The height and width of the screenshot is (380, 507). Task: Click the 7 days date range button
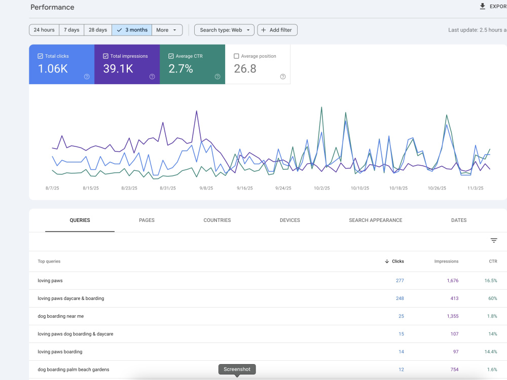point(71,30)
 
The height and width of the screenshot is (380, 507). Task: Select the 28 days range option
point(98,30)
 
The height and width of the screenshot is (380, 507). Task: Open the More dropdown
point(167,30)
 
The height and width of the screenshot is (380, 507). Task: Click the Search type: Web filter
point(225,30)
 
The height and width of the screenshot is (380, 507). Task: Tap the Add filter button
point(277,30)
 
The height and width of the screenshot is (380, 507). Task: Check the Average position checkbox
point(236,56)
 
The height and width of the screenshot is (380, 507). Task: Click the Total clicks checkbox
point(41,56)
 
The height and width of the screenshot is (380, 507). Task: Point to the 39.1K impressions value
point(118,69)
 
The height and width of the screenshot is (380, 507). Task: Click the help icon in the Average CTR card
point(218,77)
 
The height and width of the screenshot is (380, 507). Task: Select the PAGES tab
point(147,220)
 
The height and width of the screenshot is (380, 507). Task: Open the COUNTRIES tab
point(218,220)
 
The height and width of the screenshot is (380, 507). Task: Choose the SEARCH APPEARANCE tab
point(376,220)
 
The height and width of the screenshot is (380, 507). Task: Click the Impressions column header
point(446,261)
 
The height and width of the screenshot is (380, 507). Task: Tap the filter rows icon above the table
point(494,240)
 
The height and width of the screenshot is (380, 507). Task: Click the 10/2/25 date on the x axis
point(322,188)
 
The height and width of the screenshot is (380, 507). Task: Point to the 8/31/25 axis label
point(168,188)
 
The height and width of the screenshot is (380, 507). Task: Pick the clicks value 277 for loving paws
point(400,281)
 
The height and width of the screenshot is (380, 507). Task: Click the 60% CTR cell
point(493,298)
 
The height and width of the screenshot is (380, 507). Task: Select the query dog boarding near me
point(61,316)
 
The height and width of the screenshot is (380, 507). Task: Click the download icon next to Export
point(483,6)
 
